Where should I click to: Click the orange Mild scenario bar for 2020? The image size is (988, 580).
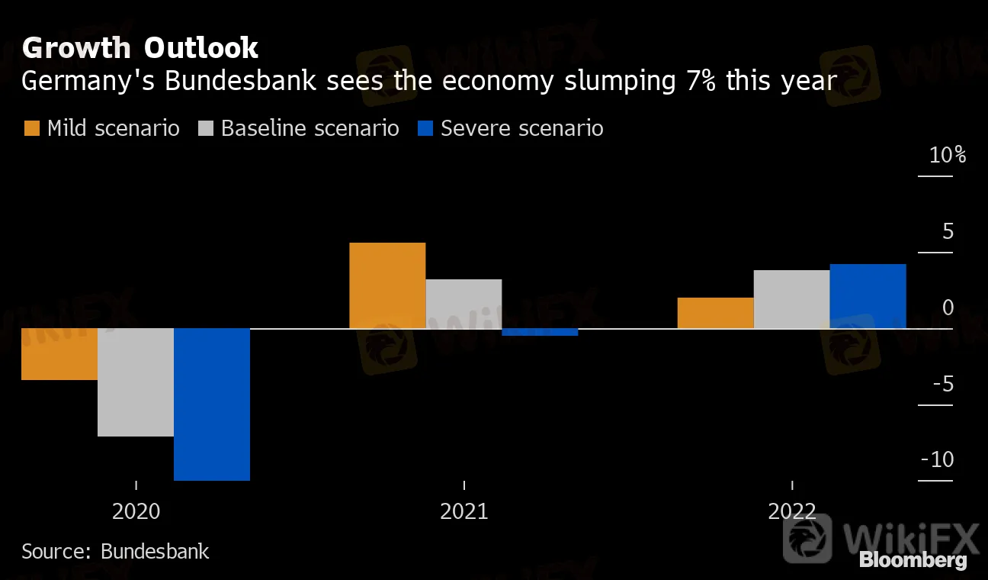click(x=59, y=354)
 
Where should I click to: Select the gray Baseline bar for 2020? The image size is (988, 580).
click(x=136, y=382)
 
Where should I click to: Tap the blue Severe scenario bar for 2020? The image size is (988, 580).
click(x=212, y=404)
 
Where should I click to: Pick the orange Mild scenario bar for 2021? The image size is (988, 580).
click(x=387, y=285)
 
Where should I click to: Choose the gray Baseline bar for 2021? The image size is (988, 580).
click(x=464, y=304)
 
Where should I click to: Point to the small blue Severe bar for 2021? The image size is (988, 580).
click(x=540, y=332)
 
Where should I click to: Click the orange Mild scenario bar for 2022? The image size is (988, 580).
click(x=715, y=313)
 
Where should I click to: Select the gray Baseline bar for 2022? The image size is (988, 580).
click(x=791, y=299)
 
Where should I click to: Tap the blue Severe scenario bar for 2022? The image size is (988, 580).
click(x=868, y=296)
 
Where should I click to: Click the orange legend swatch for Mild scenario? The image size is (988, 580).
click(x=31, y=128)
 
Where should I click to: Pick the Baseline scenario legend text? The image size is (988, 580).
click(x=310, y=128)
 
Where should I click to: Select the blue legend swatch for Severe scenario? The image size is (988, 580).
click(x=425, y=128)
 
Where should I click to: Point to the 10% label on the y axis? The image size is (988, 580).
click(x=948, y=156)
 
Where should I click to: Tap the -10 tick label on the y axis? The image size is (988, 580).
click(x=937, y=459)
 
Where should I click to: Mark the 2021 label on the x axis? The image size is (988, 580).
click(x=464, y=511)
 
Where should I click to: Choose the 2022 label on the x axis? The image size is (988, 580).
click(x=791, y=511)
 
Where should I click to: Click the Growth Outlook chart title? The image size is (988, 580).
click(x=140, y=48)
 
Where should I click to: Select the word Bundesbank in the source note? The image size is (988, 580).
click(x=155, y=551)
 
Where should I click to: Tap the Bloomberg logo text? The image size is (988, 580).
click(x=913, y=561)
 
